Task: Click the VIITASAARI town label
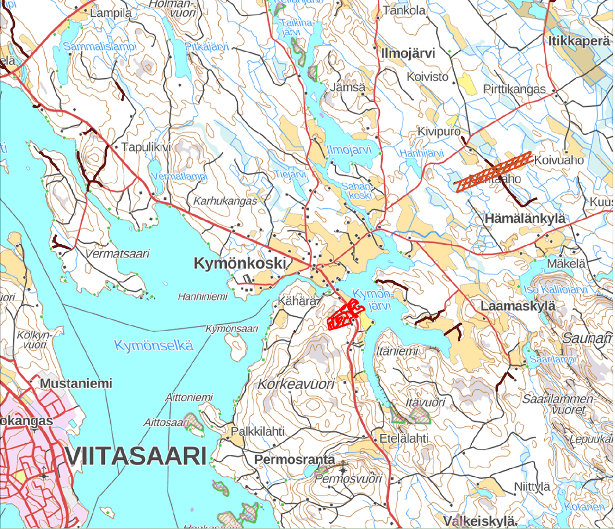136,456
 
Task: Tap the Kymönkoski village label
240,264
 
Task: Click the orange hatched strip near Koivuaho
493,172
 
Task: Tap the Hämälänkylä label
524,219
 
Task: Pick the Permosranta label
295,459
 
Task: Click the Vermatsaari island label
117,253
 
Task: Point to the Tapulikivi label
146,147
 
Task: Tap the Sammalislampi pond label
100,46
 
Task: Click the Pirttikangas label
515,89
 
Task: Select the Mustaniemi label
76,383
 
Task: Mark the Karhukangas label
225,201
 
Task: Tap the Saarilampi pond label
552,360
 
